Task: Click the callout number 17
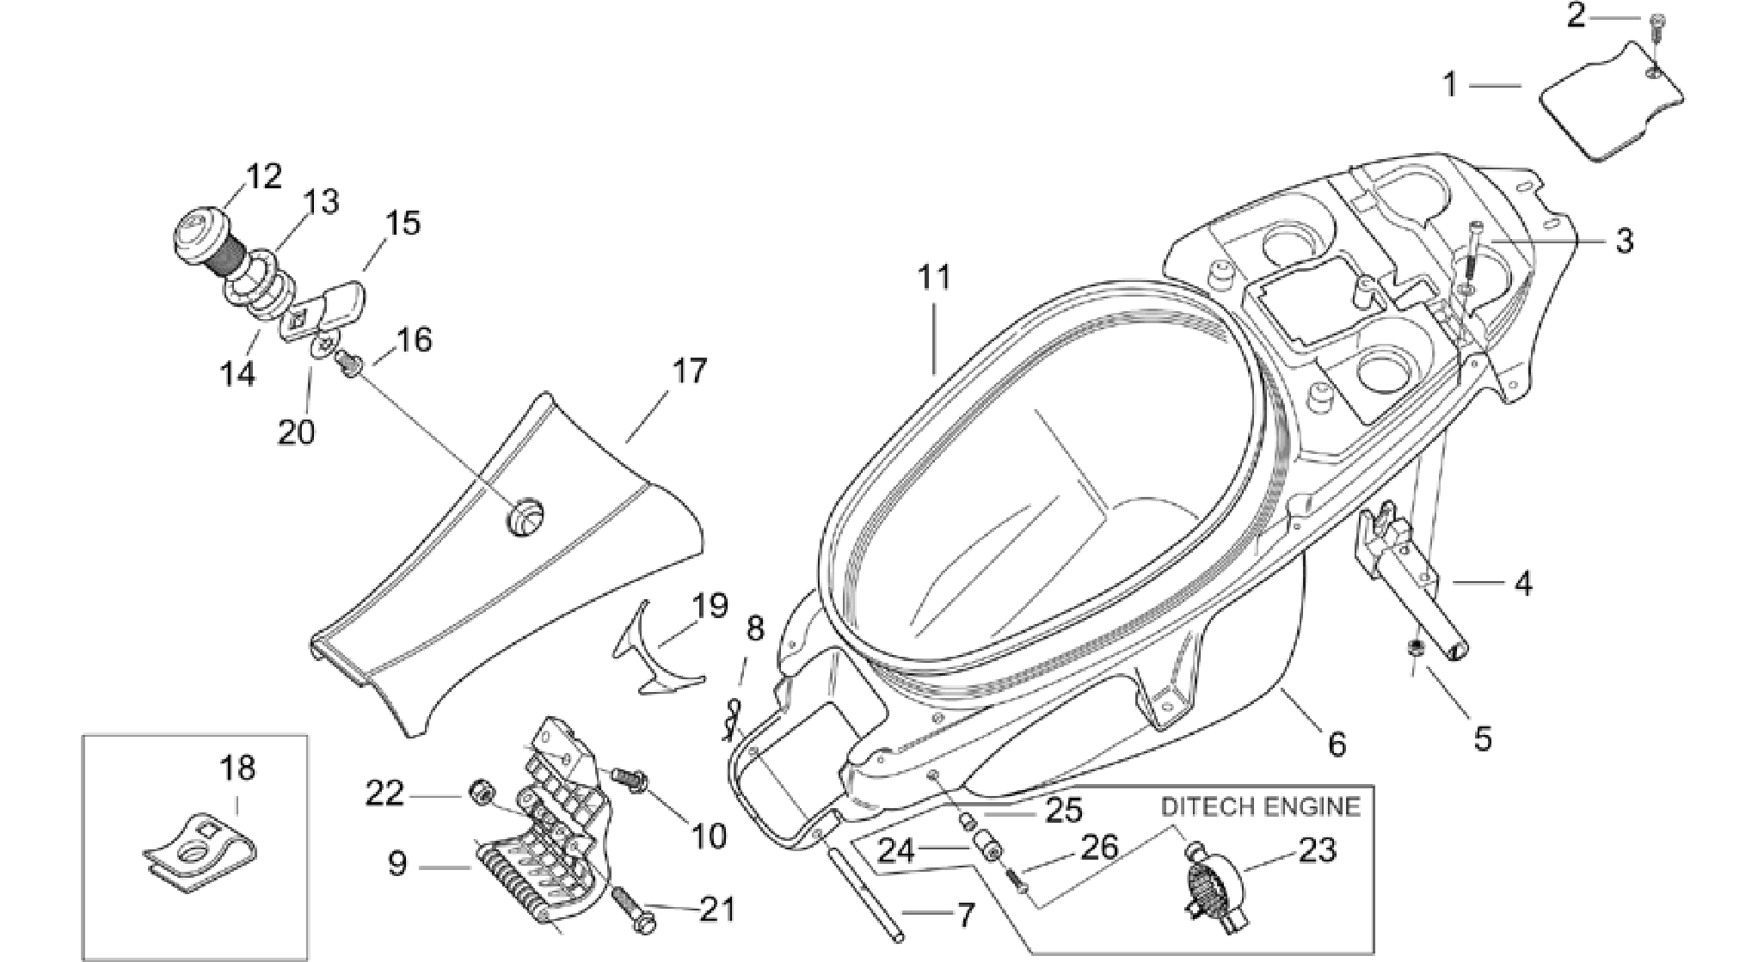[x=689, y=371]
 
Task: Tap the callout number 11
[x=933, y=278]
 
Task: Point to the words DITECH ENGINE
[x=1261, y=806]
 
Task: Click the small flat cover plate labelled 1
[x=1610, y=113]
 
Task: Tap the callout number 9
[x=396, y=863]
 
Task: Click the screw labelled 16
[x=349, y=363]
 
